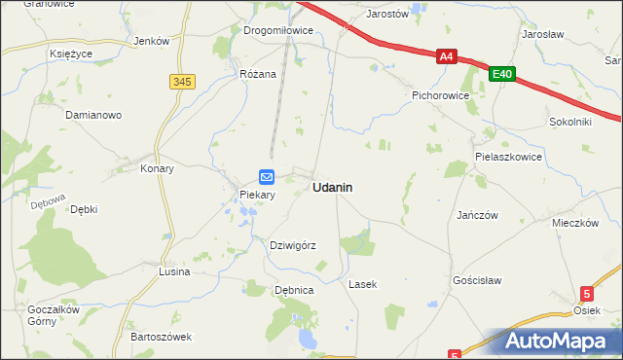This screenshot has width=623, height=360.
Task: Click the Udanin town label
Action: pyautogui.click(x=332, y=187)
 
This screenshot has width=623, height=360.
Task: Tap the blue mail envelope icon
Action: pyautogui.click(x=267, y=176)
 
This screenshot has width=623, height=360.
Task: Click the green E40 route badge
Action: pyautogui.click(x=502, y=73)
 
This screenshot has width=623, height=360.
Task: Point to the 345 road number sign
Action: pyautogui.click(x=182, y=82)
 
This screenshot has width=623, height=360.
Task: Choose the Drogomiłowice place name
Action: pyautogui.click(x=278, y=30)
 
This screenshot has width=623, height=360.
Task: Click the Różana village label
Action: pyautogui.click(x=258, y=73)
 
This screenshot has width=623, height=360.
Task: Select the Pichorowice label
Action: pyautogui.click(x=441, y=96)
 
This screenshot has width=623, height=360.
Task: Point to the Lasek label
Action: pyautogui.click(x=362, y=284)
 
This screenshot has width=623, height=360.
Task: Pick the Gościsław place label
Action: pyautogui.click(x=477, y=279)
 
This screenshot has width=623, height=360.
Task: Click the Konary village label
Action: pyautogui.click(x=157, y=168)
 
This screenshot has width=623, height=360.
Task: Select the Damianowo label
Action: pyautogui.click(x=92, y=115)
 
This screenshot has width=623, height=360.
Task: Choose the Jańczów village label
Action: pyautogui.click(x=477, y=214)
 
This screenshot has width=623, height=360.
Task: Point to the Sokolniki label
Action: pyautogui.click(x=570, y=123)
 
